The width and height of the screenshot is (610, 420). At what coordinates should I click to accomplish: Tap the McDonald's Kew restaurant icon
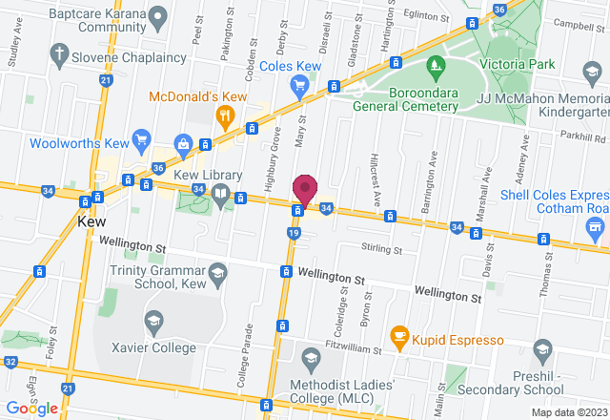(x=225, y=117)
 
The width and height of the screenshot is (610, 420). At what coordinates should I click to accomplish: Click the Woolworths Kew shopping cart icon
(x=142, y=139)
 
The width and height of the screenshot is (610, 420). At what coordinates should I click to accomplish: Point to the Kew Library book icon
(x=221, y=195)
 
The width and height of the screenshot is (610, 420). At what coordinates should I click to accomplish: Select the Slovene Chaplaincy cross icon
(x=59, y=53)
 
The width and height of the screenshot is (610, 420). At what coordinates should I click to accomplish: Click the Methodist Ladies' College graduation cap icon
(x=310, y=357)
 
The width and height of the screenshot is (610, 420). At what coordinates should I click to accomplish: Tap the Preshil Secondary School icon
(x=543, y=348)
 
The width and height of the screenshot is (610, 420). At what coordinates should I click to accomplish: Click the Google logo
(x=31, y=409)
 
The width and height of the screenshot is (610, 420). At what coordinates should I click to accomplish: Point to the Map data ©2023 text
(x=567, y=412)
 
